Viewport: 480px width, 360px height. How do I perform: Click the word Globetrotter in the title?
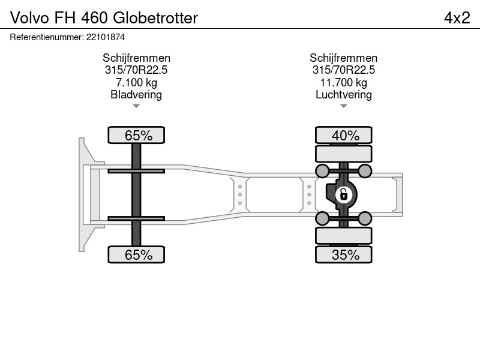tap(155, 18)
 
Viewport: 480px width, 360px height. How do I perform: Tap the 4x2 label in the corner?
tap(457, 18)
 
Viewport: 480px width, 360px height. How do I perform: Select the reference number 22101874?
tap(106, 37)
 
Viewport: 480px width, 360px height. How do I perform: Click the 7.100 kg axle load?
tap(136, 82)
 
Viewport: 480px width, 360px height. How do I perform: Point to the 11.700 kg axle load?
tap(343, 82)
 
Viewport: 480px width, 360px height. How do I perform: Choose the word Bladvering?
tap(136, 95)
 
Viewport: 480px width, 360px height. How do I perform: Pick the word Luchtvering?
tap(344, 95)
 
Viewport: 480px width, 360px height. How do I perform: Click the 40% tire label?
tap(346, 136)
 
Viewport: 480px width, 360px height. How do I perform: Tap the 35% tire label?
tap(346, 254)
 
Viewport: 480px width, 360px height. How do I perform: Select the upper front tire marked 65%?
tap(136, 135)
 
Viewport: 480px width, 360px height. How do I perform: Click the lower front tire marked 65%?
tap(136, 254)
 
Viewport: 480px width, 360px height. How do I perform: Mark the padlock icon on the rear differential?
tap(343, 194)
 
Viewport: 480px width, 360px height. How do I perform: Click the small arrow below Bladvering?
tap(136, 106)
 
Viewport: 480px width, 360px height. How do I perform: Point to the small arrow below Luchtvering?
tap(343, 106)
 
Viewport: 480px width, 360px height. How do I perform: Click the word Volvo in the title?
tap(29, 18)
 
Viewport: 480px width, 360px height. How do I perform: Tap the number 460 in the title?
tap(95, 18)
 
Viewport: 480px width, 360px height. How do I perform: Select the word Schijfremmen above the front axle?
tap(136, 58)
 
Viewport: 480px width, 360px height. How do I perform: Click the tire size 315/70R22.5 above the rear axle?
tap(343, 70)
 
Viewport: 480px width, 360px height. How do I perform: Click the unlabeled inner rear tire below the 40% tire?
tap(343, 154)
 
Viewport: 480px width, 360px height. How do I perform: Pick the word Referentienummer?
tap(46, 37)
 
